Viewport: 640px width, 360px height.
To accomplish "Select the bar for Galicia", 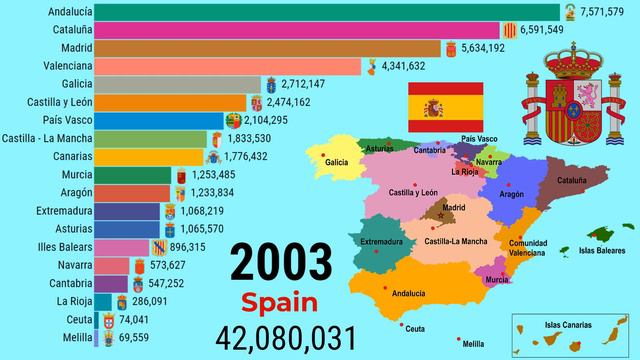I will point(180,83).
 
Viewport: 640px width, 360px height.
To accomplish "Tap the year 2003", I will point(281,263).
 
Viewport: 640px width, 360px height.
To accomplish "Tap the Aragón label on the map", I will point(511,194).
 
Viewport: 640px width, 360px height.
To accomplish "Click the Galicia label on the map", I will point(337,161).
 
